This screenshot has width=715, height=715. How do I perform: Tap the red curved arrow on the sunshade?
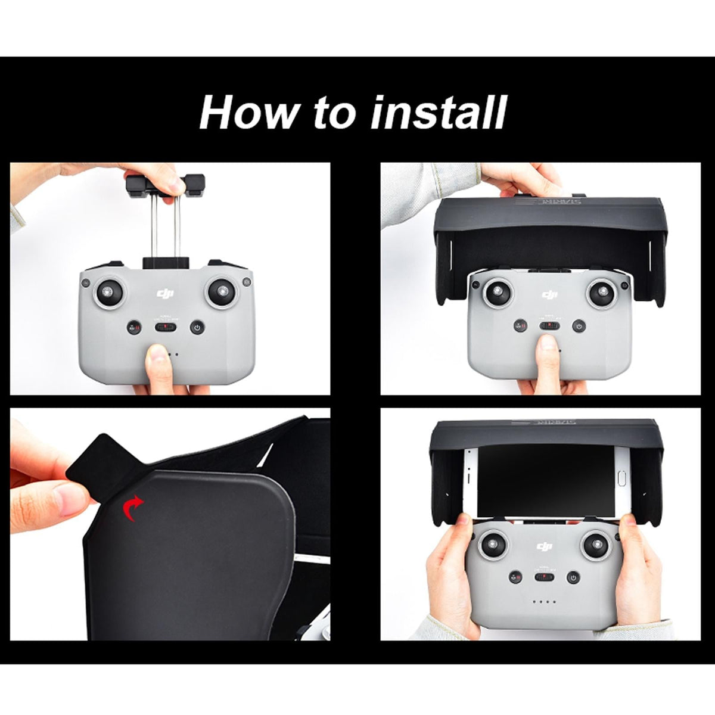(133, 509)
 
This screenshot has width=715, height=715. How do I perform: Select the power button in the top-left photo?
(197, 327)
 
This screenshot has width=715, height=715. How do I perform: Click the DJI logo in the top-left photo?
(165, 293)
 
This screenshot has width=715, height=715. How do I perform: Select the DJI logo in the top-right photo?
(549, 294)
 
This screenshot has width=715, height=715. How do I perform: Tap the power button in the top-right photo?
(577, 326)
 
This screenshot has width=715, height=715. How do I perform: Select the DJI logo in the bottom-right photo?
(544, 546)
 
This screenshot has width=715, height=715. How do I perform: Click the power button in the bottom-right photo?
(573, 577)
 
